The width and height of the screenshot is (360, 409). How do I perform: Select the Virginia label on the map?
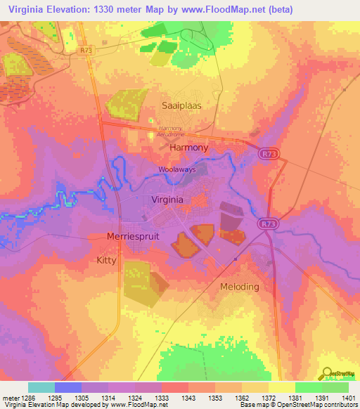(169, 200)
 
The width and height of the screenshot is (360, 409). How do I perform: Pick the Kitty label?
(106, 259)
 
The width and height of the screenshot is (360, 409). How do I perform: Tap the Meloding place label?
(239, 287)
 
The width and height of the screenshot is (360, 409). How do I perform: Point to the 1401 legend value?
(347, 398)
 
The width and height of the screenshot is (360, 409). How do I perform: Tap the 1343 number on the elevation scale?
(188, 398)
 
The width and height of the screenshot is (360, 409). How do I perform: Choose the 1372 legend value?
(268, 398)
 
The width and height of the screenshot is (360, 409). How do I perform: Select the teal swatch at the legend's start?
(41, 387)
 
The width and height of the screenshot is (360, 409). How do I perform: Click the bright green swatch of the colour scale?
(308, 387)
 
